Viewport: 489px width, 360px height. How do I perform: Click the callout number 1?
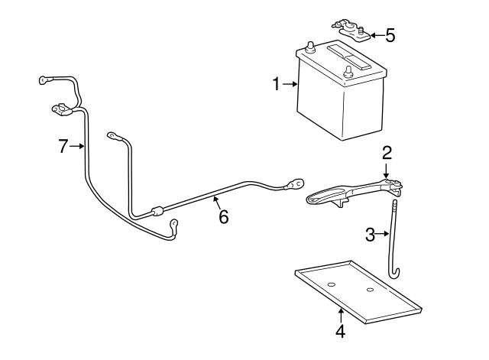click(x=277, y=84)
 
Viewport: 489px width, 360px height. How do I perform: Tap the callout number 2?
click(x=387, y=151)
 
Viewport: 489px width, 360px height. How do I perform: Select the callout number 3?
click(x=370, y=235)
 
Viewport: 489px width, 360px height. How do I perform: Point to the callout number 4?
click(x=340, y=331)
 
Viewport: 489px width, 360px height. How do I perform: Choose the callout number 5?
click(x=390, y=35)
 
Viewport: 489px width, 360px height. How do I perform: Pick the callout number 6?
click(x=223, y=217)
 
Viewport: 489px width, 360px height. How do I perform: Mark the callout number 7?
click(x=63, y=147)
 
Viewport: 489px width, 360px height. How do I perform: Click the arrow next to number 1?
click(x=290, y=84)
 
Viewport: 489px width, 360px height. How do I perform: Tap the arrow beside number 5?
click(x=376, y=35)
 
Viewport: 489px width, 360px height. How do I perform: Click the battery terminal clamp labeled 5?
click(x=351, y=31)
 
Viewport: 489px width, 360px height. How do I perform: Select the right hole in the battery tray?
click(x=370, y=290)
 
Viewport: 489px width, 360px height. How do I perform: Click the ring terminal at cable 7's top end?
click(x=44, y=78)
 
